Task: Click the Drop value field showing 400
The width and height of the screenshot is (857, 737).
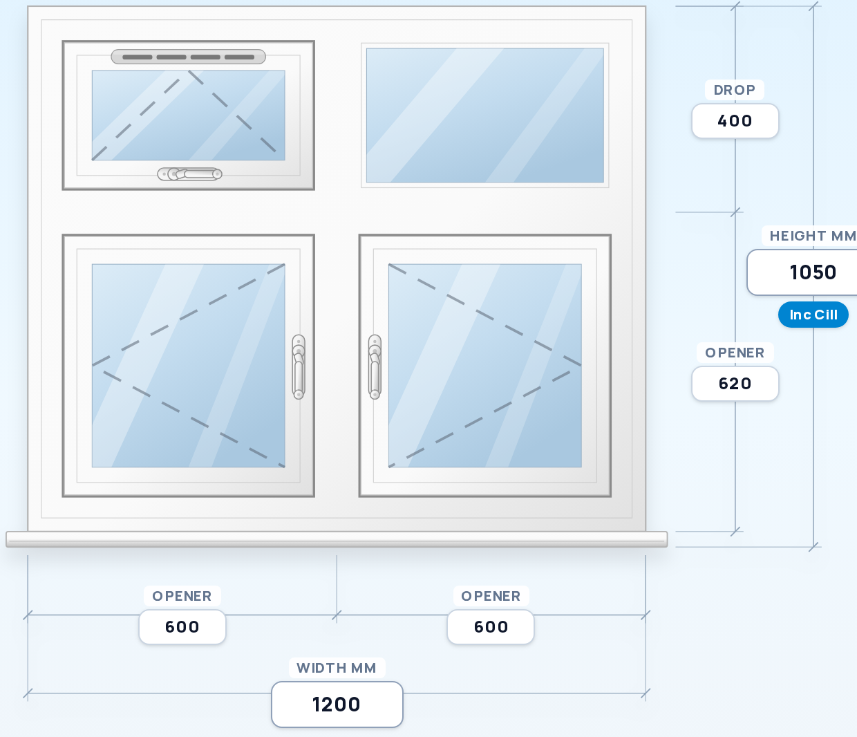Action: [x=735, y=121]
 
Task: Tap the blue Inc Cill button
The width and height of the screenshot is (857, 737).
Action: [x=813, y=315]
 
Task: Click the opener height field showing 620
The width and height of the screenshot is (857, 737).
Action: [x=735, y=384]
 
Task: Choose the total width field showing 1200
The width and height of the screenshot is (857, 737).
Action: [x=337, y=705]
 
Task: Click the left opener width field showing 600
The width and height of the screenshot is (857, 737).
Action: [x=182, y=626]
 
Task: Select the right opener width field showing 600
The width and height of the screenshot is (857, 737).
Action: [x=491, y=626]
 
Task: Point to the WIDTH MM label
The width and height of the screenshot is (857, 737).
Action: [x=337, y=668]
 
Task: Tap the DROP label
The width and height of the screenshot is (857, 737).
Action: [x=734, y=90]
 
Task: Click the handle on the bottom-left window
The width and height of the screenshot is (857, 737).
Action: [x=299, y=367]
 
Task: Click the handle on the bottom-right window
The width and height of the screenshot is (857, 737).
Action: [x=375, y=367]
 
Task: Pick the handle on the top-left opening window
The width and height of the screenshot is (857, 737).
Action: [x=190, y=174]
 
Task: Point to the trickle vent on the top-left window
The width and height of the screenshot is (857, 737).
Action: [x=188, y=57]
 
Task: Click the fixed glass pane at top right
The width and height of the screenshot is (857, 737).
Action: [x=484, y=115]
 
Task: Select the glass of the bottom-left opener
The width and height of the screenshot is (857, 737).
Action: [x=188, y=366]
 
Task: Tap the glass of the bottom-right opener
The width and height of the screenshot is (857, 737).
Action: [x=484, y=366]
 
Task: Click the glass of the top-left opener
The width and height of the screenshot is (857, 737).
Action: [x=188, y=115]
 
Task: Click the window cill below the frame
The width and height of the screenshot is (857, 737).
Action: [x=337, y=539]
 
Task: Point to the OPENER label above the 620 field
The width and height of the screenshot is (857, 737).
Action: [x=735, y=353]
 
